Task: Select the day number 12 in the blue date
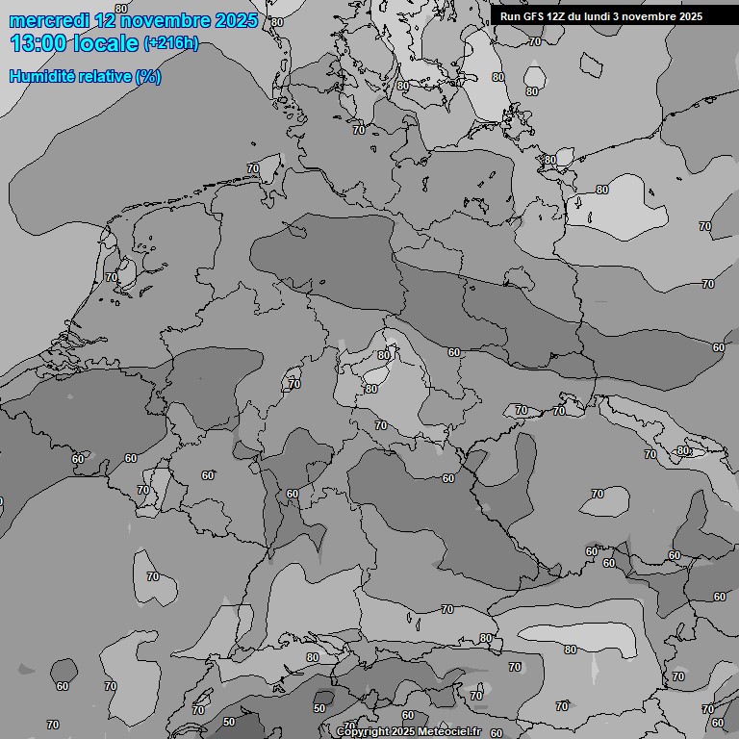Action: coord(106,20)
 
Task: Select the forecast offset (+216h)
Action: coord(170,44)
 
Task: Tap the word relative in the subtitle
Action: coord(101,76)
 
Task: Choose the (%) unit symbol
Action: coord(148,76)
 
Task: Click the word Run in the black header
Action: coord(510,16)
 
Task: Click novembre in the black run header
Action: coord(650,16)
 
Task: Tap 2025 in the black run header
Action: coord(690,16)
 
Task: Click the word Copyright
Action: coord(363,732)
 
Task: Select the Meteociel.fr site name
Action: coord(450,732)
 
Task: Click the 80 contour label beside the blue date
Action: coord(277,21)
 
